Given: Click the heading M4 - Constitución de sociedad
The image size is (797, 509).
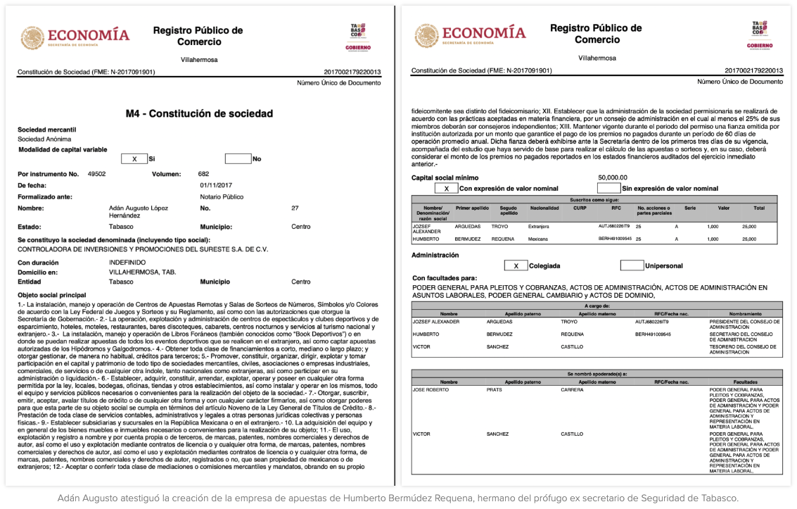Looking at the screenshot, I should [199, 113].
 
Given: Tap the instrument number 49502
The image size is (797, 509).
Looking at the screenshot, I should [96, 173].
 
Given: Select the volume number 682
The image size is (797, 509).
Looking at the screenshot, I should [203, 173].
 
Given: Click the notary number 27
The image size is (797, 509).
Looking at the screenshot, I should [295, 208].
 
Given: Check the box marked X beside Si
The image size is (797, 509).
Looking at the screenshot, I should [134, 159].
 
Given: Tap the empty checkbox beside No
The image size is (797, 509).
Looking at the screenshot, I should [238, 159].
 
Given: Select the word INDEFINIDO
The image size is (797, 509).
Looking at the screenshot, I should [127, 261].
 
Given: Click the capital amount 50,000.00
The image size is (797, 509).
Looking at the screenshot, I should [612, 178].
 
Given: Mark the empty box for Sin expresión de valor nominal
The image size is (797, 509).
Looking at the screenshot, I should [608, 189].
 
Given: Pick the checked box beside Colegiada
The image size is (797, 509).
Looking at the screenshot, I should [516, 266].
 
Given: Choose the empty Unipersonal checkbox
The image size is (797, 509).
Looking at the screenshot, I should [632, 266].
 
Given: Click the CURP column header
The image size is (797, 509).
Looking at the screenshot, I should [580, 208].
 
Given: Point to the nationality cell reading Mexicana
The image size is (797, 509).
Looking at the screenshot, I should [538, 239].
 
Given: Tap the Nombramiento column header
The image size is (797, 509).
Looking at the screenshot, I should [745, 314].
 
